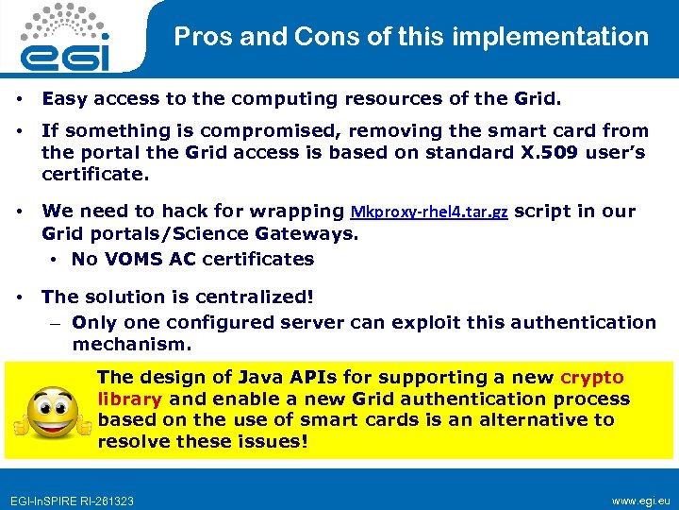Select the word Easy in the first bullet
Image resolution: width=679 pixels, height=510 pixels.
tap(64, 97)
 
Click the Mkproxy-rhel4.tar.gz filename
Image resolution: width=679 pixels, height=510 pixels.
tap(429, 212)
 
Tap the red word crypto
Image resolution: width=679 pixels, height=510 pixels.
tap(592, 377)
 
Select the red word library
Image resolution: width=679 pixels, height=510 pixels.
tap(130, 399)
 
